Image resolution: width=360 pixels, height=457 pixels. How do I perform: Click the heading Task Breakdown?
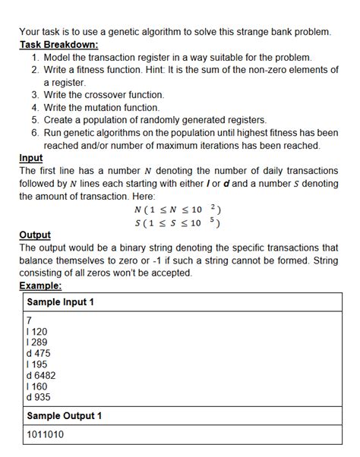point(59,45)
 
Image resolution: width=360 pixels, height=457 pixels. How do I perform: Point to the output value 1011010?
point(45,434)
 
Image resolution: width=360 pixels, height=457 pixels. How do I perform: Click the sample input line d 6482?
point(41,375)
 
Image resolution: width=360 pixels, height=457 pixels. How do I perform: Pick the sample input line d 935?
point(38,396)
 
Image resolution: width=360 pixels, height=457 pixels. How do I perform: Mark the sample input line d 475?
point(38,353)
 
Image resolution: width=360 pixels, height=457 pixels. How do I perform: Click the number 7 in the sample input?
point(29,321)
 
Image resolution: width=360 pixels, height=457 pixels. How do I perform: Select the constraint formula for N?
point(178,210)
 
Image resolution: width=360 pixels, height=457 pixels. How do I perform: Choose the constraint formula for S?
point(178,222)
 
